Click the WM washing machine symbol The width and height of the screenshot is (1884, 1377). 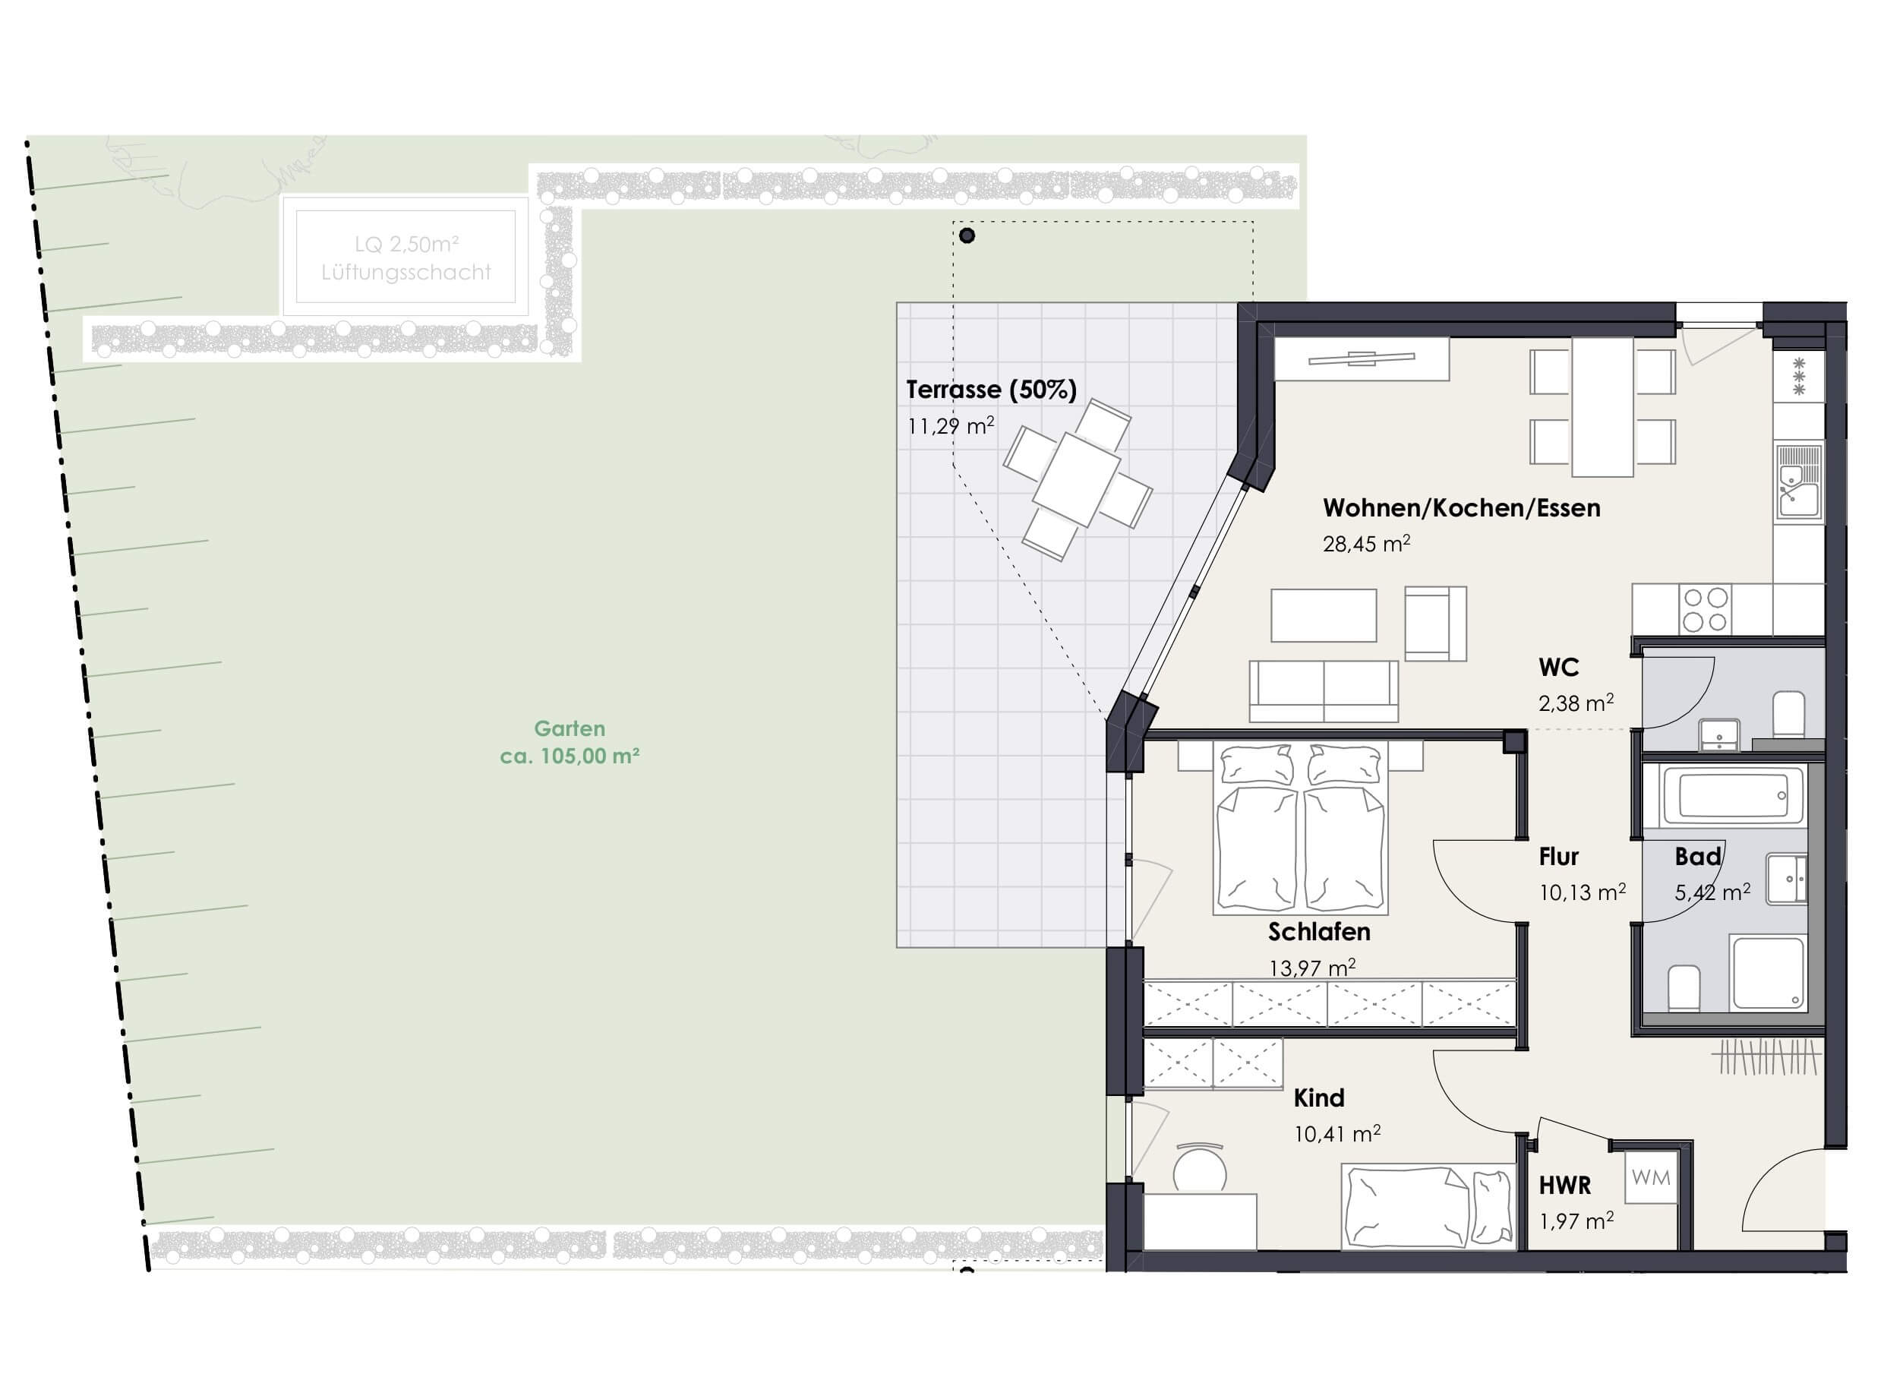(1651, 1178)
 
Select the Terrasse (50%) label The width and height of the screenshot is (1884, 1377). (991, 390)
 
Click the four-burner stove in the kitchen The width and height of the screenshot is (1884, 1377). (1704, 609)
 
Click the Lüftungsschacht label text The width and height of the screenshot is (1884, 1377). (406, 273)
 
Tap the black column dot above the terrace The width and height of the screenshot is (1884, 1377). (967, 236)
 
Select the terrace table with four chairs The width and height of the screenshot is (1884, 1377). (1078, 479)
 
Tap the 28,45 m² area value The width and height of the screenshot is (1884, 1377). (1365, 544)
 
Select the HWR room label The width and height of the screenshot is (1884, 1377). (1564, 1186)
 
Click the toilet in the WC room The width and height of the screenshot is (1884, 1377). (1788, 715)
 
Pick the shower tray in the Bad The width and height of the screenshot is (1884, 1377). (1766, 973)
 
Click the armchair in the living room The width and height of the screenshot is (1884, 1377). (1435, 624)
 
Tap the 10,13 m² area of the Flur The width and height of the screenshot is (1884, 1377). (1582, 892)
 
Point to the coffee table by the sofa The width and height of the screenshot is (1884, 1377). (1324, 615)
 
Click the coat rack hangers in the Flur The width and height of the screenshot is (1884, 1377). (1767, 1058)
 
